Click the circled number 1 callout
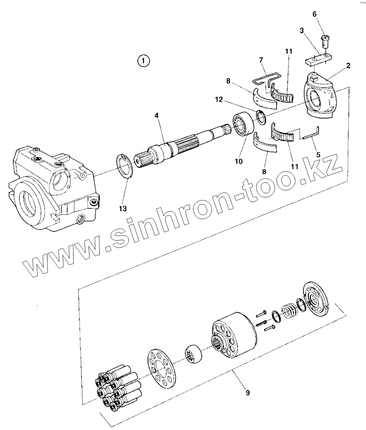click(143, 61)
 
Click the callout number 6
click(315, 14)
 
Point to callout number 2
click(348, 66)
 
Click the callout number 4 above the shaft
click(157, 116)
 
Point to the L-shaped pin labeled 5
click(311, 133)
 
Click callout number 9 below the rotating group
click(247, 393)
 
